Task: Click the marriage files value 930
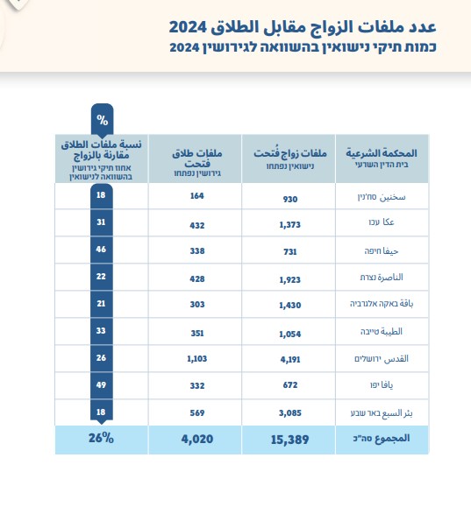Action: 290,199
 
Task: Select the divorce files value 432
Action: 197,225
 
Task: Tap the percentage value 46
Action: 101,250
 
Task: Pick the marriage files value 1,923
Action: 290,279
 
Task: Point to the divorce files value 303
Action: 197,304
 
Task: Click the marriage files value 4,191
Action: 290,359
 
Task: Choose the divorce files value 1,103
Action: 197,359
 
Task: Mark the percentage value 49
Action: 101,384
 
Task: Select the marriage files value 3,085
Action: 290,413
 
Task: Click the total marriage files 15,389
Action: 290,440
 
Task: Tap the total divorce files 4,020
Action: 197,439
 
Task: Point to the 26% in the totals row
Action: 101,438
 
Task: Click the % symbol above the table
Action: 103,120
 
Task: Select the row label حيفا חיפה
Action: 382,251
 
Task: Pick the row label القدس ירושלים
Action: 382,359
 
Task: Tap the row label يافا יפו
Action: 382,384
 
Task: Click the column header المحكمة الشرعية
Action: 382,152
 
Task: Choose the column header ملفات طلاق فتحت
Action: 197,158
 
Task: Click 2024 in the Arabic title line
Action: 188,27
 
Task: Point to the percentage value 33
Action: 101,330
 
